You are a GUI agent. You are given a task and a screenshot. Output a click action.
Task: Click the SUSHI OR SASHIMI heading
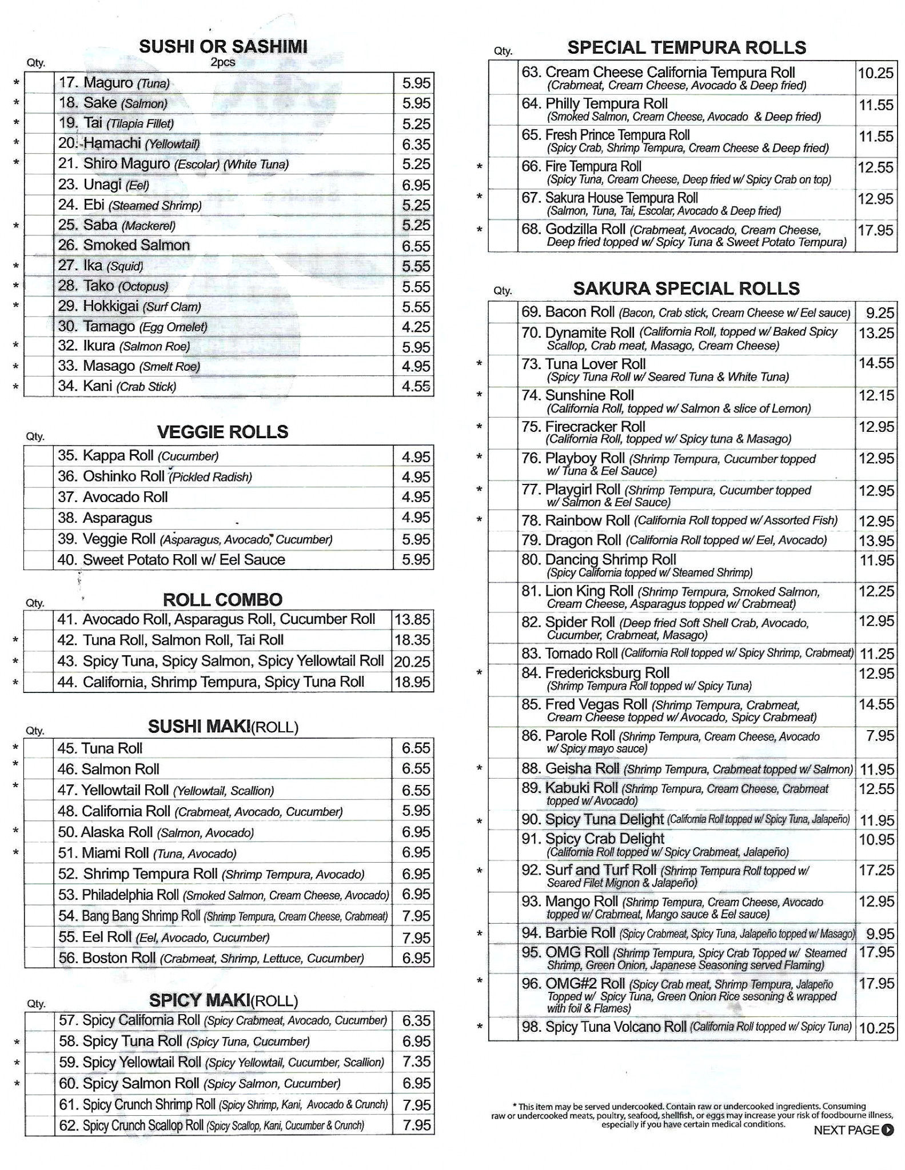(223, 47)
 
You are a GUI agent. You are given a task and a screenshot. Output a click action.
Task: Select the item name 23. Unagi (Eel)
(103, 185)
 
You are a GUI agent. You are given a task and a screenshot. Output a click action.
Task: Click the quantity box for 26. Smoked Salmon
(39, 245)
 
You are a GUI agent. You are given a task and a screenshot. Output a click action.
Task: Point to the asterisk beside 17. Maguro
(17, 83)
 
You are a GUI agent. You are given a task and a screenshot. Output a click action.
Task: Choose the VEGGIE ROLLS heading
(222, 432)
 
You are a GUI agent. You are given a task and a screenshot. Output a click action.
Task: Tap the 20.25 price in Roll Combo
(412, 662)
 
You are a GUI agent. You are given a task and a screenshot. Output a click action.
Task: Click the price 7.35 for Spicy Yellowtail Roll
(416, 1061)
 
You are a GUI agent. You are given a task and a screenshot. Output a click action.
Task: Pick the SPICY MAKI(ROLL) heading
(224, 1000)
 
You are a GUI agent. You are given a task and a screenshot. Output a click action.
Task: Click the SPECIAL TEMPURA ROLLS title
(686, 48)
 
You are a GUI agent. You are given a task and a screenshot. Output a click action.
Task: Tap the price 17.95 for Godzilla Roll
(875, 230)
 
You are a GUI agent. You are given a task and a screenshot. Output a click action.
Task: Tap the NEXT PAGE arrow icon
(888, 1129)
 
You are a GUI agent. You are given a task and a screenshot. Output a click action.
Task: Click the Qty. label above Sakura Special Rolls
(503, 290)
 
